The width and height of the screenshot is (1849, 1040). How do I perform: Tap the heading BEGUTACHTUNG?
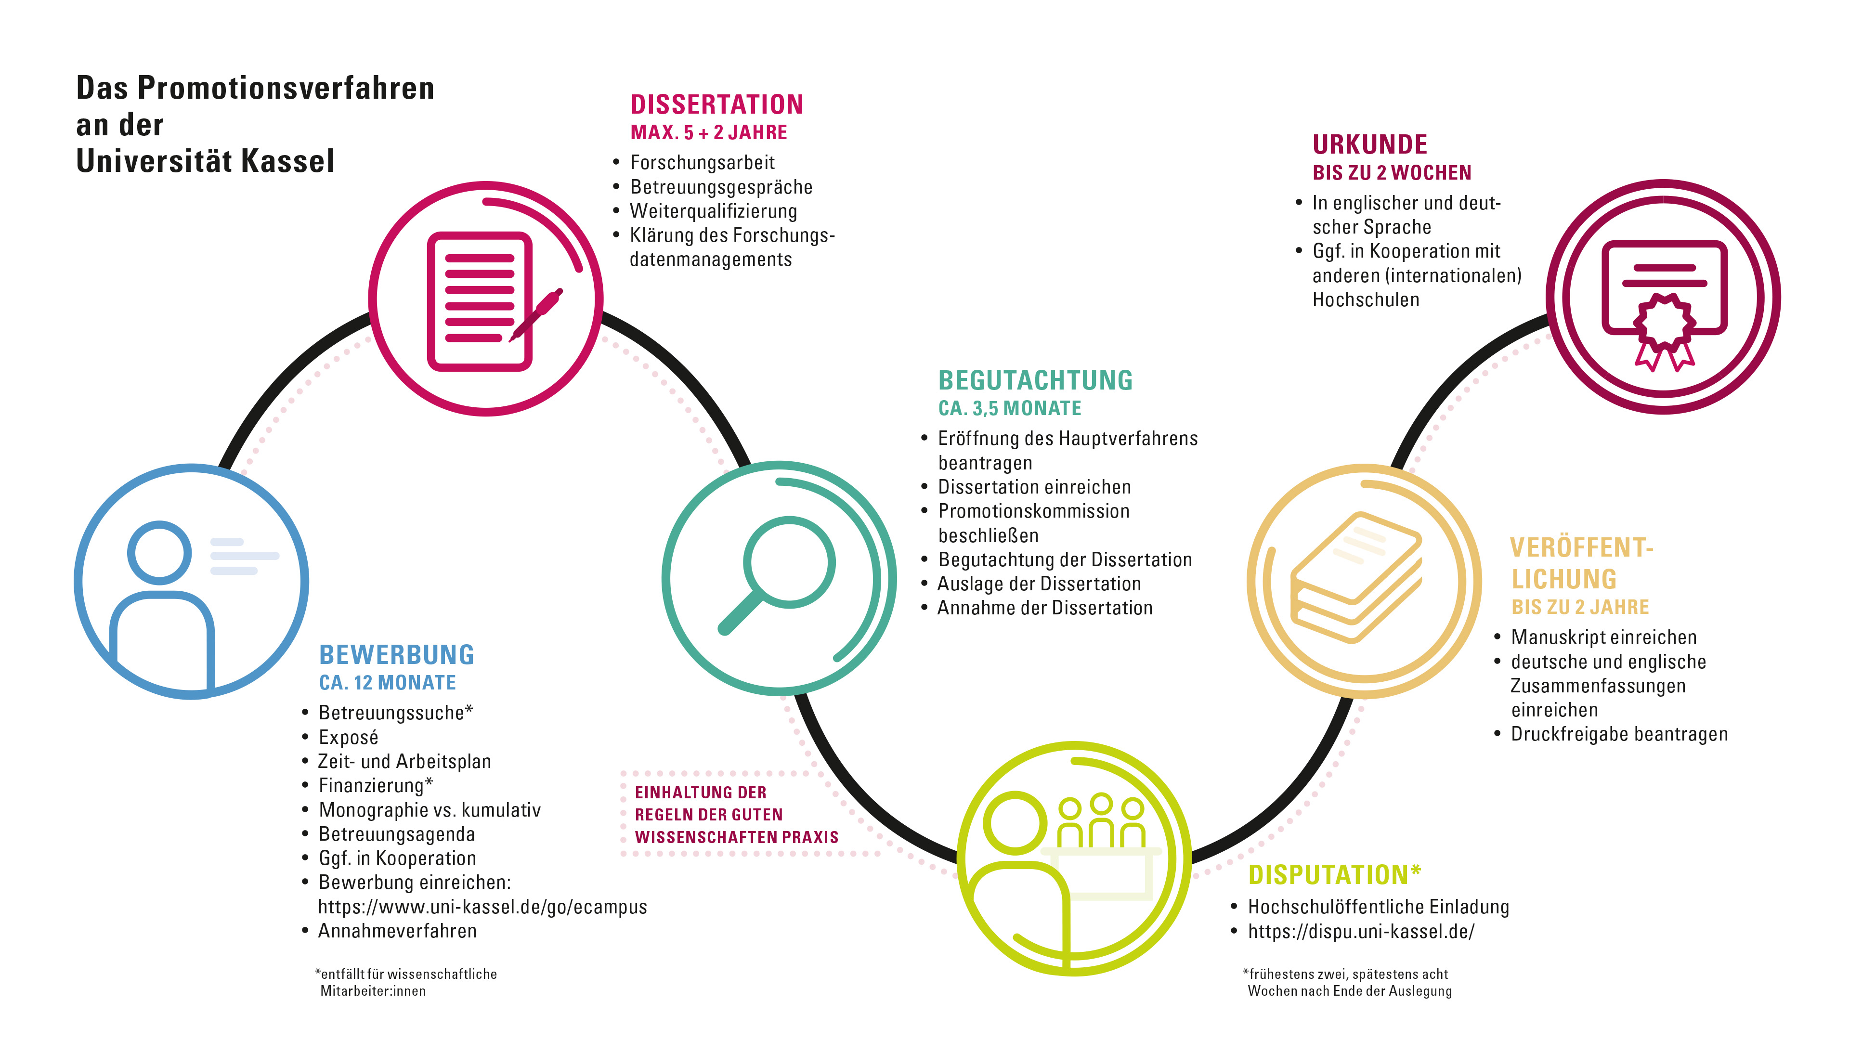tap(1035, 380)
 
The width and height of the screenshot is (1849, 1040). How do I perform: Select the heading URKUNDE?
tap(1369, 145)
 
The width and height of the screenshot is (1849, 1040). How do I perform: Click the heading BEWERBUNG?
tap(396, 655)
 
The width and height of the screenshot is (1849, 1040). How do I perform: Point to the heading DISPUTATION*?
tap(1334, 874)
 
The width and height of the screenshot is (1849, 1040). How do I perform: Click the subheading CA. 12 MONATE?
tap(388, 683)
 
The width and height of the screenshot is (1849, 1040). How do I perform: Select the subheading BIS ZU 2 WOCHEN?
tap(1392, 173)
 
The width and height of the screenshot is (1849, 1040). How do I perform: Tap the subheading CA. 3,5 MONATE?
tap(1009, 408)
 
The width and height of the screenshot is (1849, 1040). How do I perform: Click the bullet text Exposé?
tap(348, 737)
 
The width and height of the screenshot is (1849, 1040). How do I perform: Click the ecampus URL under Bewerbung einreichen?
tap(482, 907)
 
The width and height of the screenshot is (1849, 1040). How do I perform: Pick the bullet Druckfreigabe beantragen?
tap(1619, 734)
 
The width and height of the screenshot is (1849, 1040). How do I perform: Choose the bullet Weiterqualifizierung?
tap(714, 211)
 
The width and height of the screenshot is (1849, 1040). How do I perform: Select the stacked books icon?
tap(1356, 577)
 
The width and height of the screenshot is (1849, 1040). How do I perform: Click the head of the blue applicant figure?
tap(159, 553)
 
